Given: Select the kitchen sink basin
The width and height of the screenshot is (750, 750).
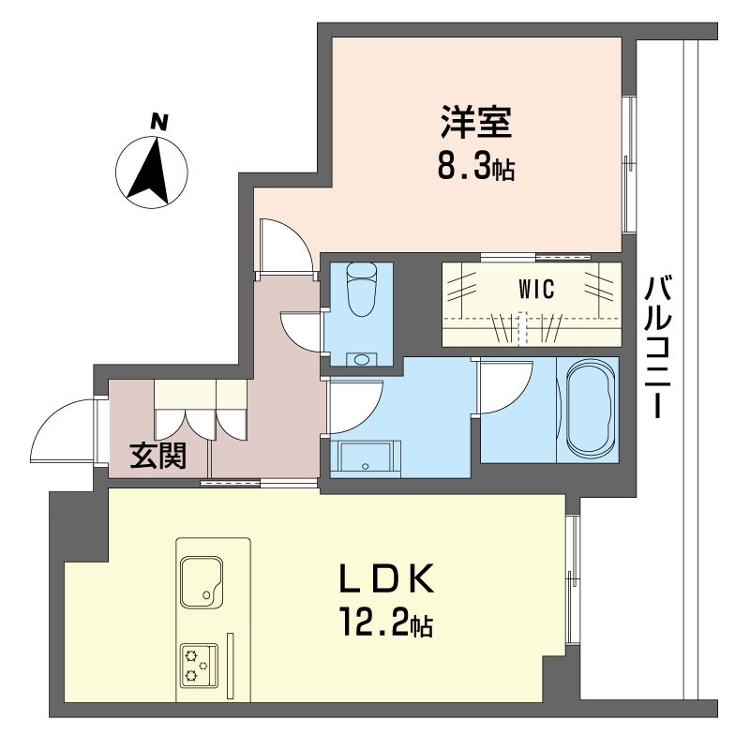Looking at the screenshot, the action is [202, 581].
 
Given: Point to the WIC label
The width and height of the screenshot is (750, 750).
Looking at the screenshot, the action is [536, 290].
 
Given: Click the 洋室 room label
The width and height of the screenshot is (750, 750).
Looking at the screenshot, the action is [476, 123].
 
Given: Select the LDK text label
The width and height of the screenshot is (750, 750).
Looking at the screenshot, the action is [386, 577].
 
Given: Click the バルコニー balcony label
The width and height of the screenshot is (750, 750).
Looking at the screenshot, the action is [655, 347].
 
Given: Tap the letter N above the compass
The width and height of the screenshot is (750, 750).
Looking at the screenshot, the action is [158, 122].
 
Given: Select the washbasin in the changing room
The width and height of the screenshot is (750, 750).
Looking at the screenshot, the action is [366, 458].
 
